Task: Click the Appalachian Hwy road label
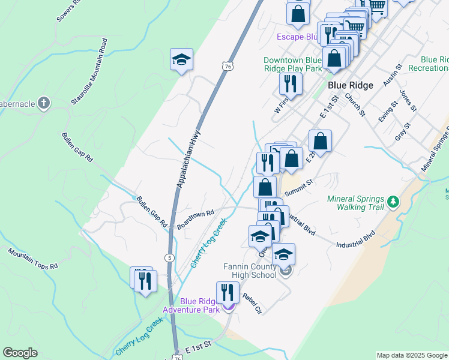tap(187, 160)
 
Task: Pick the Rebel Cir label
tap(252, 304)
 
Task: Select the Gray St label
tap(402, 132)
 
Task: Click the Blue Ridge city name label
tap(351, 85)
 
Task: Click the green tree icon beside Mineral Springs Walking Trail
tap(394, 202)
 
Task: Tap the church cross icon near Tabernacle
tap(43, 103)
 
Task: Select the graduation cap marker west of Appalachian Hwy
tap(181, 60)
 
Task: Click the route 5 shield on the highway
tap(170, 258)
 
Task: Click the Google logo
tap(20, 353)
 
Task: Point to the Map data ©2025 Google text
tap(411, 355)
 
